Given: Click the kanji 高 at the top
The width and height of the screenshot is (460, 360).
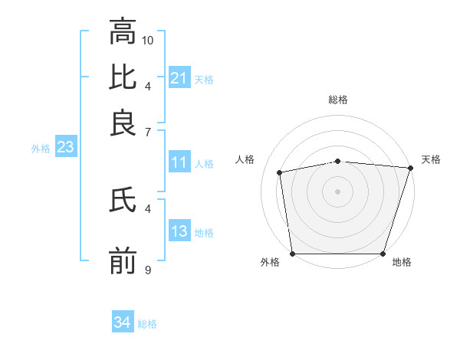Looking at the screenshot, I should tap(123, 33).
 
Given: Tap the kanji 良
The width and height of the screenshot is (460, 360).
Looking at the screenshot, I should tap(123, 123).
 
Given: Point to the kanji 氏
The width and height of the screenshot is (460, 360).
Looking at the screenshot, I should tap(123, 201).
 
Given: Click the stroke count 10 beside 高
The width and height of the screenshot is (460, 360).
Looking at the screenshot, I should tap(149, 39).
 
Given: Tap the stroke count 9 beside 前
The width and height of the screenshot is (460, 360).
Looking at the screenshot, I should tap(148, 270).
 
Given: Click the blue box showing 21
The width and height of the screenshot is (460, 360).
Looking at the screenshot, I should tap(179, 78).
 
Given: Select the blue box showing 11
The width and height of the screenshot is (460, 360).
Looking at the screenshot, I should tap(179, 162).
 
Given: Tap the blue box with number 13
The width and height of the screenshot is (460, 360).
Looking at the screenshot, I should tap(179, 231).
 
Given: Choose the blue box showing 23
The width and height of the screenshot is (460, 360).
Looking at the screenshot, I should tap(65, 148).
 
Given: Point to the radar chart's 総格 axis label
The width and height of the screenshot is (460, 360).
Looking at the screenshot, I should tap(338, 100).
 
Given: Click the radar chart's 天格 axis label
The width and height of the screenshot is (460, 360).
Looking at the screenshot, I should tap(431, 159).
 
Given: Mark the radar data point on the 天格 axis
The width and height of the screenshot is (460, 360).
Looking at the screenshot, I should tap(410, 168).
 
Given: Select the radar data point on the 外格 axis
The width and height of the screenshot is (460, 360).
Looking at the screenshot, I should tap(293, 254).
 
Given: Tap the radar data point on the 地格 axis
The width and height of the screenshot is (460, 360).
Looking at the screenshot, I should tap(383, 254).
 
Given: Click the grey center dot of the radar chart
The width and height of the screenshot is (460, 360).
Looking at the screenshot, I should tap(338, 191).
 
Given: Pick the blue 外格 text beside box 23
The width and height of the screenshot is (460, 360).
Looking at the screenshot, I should tap(41, 149).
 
